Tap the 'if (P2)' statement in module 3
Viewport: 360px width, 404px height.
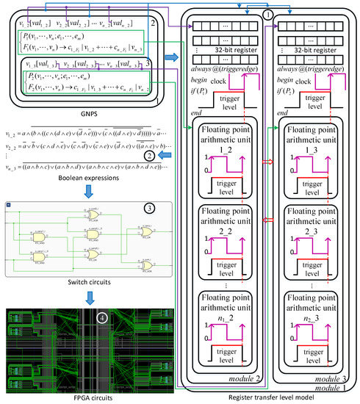click(293, 83)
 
